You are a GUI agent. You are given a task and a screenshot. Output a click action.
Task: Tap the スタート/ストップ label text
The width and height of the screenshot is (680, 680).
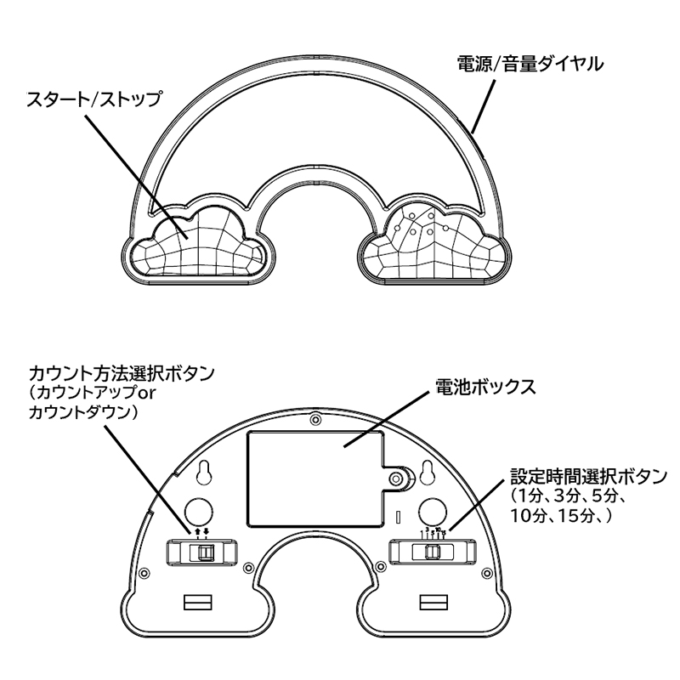click(x=93, y=99)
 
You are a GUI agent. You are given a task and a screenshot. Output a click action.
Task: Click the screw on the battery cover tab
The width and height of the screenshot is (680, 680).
click(x=396, y=479)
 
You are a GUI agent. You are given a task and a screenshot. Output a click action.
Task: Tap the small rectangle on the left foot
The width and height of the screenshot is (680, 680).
click(x=196, y=603)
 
